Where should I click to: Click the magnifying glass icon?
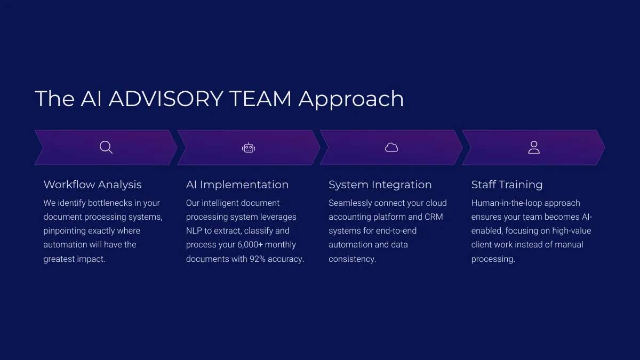click(x=106, y=147)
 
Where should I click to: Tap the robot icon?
click(x=249, y=148)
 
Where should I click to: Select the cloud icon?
click(x=391, y=148)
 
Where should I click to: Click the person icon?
click(x=534, y=147)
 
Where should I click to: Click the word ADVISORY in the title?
click(x=166, y=99)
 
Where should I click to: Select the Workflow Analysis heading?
click(x=93, y=185)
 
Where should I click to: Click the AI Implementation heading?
click(x=237, y=185)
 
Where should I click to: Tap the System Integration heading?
click(x=380, y=185)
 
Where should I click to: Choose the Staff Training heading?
click(x=507, y=185)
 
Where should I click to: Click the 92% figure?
click(x=258, y=259)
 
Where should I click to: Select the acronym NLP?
click(x=194, y=230)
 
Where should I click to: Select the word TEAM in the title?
click(x=260, y=99)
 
